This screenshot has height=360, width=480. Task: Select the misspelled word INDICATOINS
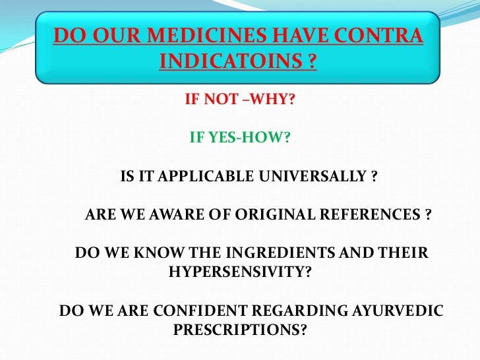[x=231, y=63]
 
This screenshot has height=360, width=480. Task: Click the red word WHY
[x=278, y=100]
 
